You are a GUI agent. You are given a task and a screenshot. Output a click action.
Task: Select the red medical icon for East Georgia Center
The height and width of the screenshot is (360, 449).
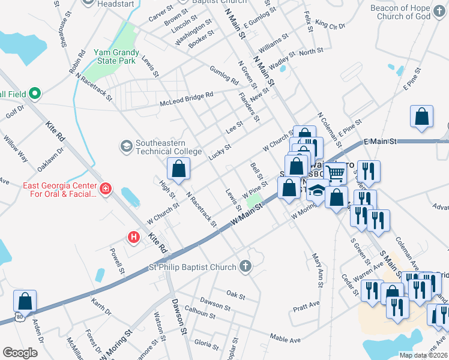[x=106, y=189]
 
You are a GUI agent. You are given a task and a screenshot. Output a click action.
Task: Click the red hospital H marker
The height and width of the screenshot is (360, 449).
[x=133, y=238]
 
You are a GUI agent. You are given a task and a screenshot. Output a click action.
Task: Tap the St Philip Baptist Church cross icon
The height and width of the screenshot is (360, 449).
[x=245, y=266]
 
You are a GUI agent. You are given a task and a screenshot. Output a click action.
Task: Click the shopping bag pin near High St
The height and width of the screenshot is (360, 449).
[x=179, y=170]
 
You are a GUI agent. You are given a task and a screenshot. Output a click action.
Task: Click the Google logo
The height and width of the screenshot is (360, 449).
[x=20, y=353]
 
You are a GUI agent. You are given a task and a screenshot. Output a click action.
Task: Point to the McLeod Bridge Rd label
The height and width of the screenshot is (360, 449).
[x=186, y=100]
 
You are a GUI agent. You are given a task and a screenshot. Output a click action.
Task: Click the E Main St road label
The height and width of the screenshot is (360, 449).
[x=381, y=142]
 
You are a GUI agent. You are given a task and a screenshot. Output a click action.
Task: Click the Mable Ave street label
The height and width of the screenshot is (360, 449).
[x=285, y=339]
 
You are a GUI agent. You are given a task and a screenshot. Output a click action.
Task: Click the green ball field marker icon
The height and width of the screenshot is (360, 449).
[x=34, y=94]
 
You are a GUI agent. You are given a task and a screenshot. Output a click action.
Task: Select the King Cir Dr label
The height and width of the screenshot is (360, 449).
[x=330, y=26]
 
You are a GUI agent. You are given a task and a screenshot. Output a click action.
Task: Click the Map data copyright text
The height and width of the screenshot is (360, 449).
[x=423, y=355]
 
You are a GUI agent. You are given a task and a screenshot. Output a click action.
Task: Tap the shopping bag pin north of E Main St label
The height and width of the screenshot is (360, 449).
[x=422, y=117]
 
